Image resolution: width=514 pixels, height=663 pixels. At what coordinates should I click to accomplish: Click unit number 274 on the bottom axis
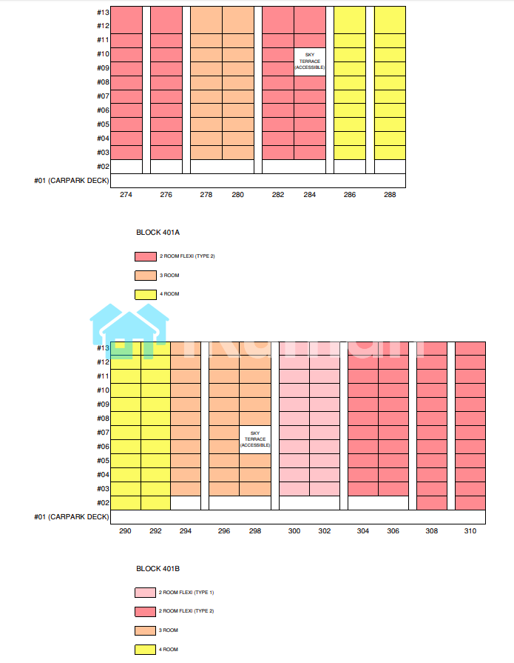(x=126, y=195)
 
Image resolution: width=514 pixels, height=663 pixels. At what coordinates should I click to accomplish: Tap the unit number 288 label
(x=390, y=195)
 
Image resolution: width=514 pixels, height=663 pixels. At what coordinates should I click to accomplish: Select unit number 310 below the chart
(x=470, y=531)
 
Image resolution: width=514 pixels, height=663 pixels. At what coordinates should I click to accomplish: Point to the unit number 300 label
(x=294, y=531)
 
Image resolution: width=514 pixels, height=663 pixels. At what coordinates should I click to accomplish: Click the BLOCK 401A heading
(x=158, y=232)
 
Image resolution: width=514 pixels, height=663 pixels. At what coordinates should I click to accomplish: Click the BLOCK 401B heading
(x=158, y=569)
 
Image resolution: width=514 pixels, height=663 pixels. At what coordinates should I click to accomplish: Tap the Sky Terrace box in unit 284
(x=310, y=61)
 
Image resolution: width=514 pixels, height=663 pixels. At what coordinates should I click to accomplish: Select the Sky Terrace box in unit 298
(x=255, y=440)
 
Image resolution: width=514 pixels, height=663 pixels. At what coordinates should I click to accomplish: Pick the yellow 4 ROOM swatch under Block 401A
(x=145, y=294)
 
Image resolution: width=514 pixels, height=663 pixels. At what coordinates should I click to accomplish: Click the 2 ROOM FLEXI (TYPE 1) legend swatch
(x=145, y=593)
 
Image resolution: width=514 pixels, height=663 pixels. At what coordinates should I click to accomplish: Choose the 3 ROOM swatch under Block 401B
(x=145, y=630)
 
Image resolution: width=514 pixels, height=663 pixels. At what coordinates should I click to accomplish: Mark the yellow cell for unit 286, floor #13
(x=350, y=13)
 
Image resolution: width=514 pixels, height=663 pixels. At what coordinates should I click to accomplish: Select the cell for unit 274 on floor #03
(x=126, y=152)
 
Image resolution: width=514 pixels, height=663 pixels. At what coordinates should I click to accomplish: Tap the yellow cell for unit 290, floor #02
(x=126, y=503)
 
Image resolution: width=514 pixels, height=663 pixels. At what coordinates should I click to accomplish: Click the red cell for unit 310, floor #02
(x=470, y=503)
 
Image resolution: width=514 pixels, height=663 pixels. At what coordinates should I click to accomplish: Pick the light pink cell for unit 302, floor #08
(x=324, y=419)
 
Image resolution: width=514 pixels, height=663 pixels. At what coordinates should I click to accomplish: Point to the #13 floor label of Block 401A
(x=103, y=13)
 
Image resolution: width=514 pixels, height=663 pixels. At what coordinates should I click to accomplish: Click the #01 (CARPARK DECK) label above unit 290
(x=71, y=517)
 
